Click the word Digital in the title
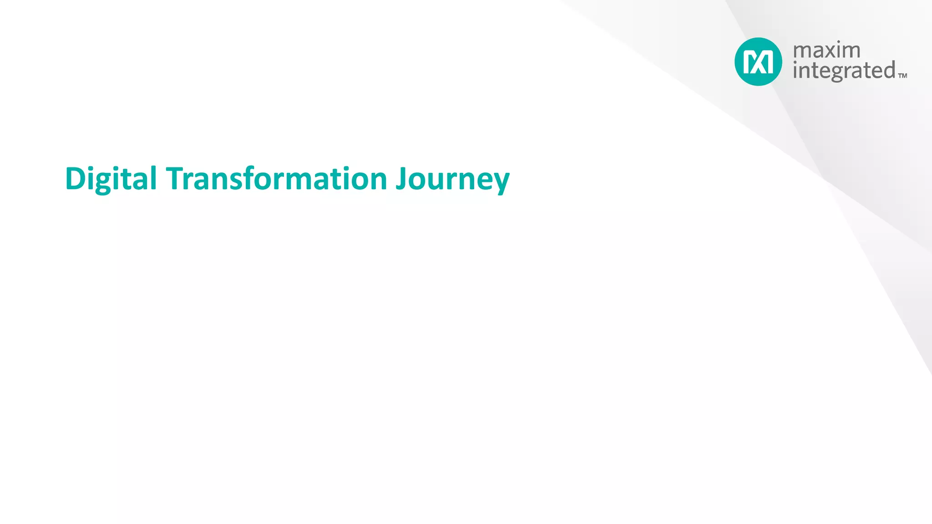pyautogui.click(x=111, y=178)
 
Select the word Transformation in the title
pyautogui.click(x=276, y=178)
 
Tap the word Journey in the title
pyautogui.click(x=452, y=179)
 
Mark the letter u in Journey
pyautogui.click(x=436, y=181)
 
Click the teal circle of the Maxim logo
pyautogui.click(x=758, y=61)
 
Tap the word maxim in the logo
pyautogui.click(x=826, y=50)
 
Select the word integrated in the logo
pyautogui.click(x=844, y=71)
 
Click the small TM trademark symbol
pyautogui.click(x=903, y=76)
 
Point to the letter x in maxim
pyautogui.click(x=833, y=51)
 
